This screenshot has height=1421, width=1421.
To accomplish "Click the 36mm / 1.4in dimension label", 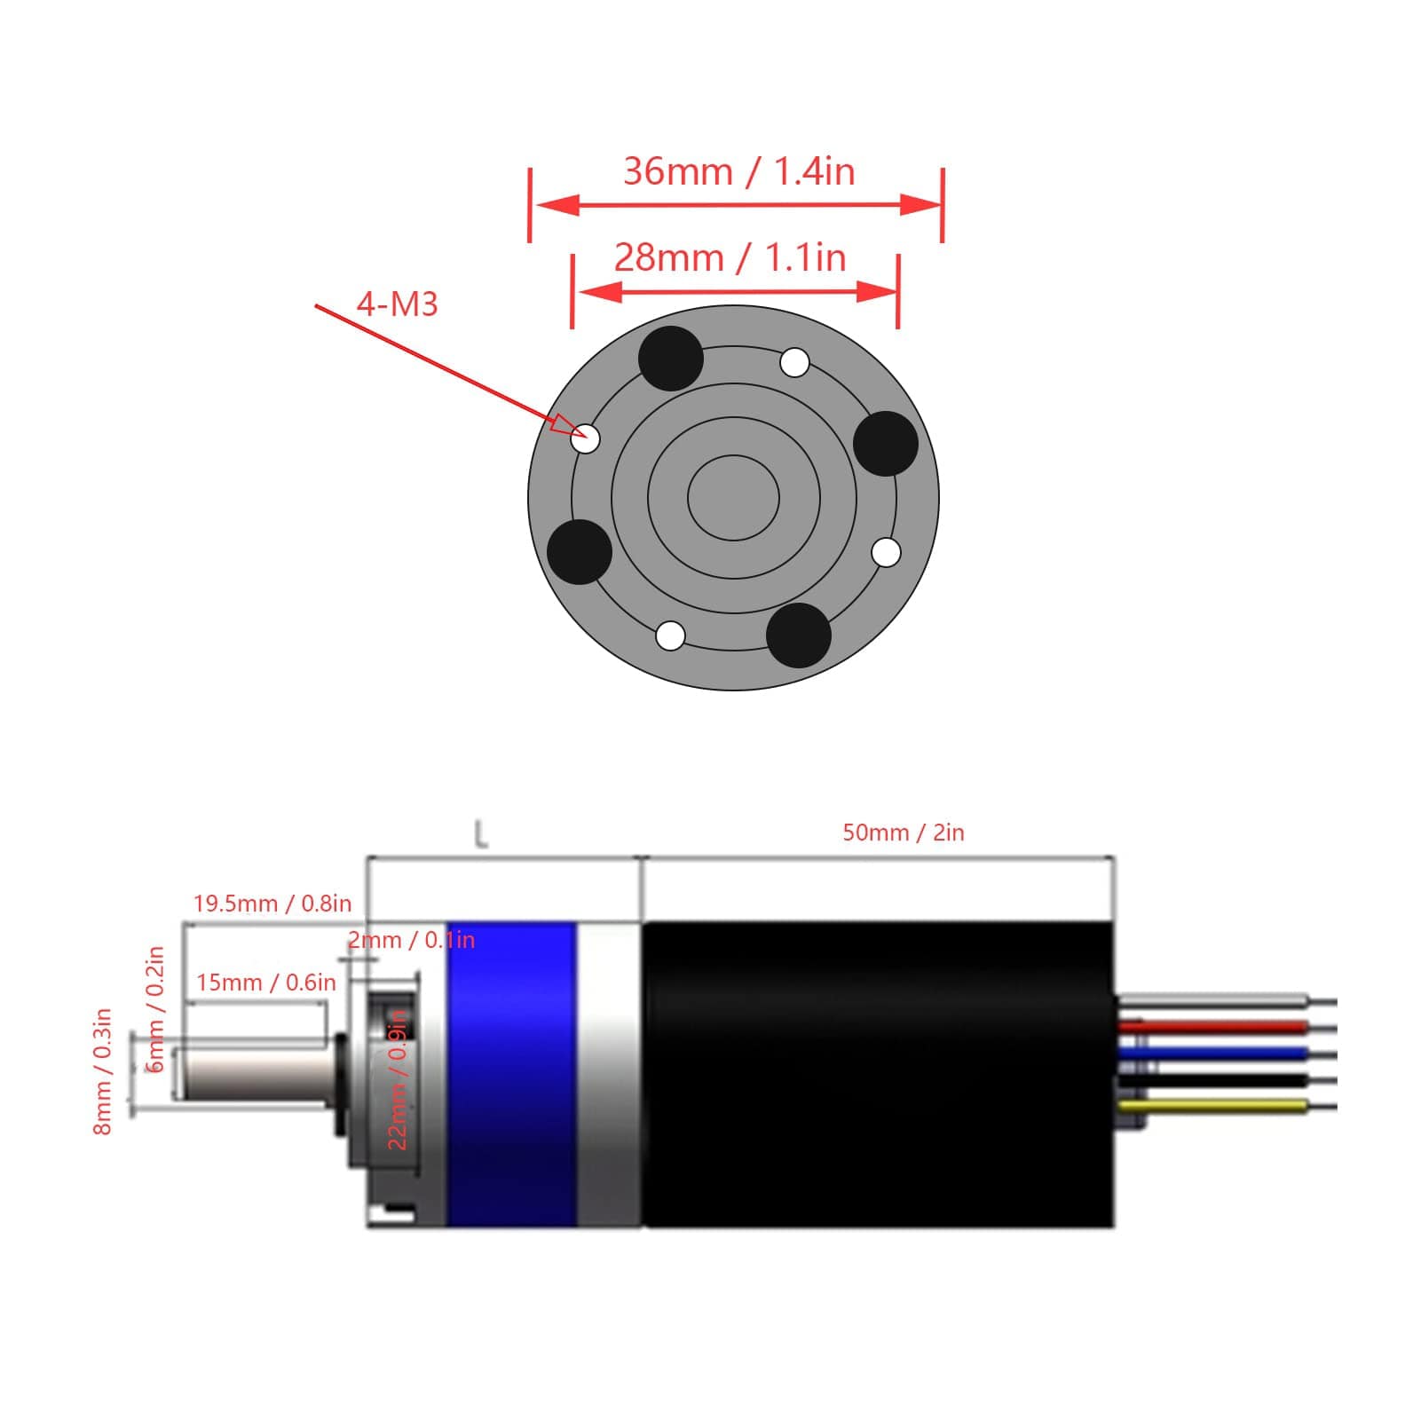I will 738,171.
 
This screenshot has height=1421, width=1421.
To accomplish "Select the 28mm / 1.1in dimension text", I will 730,257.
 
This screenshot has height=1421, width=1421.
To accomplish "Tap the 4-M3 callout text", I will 398,304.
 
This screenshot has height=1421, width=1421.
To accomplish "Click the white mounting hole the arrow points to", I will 586,438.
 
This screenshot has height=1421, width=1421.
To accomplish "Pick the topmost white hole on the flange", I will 794,363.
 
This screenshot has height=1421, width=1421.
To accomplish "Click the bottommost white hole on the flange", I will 670,636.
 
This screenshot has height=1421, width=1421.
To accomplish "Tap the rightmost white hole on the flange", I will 886,552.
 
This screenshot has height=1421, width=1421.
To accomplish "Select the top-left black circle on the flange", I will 671,358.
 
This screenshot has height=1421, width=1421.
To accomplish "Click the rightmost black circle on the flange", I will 885,444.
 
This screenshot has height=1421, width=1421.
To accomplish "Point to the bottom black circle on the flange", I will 798,635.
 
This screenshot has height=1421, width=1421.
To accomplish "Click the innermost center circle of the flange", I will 733,497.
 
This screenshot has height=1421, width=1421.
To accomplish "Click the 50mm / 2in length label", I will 903,833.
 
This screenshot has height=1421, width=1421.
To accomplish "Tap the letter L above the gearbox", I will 481,834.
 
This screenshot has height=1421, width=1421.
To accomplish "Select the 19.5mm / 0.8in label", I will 272,904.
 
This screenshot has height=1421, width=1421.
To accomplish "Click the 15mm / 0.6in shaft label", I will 266,983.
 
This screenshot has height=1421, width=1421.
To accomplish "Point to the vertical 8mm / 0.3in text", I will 103,1071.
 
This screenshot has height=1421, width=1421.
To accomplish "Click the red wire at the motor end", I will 1212,1028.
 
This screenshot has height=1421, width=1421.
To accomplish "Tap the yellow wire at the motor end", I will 1212,1106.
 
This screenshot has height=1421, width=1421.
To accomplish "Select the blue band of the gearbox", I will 511,1074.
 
